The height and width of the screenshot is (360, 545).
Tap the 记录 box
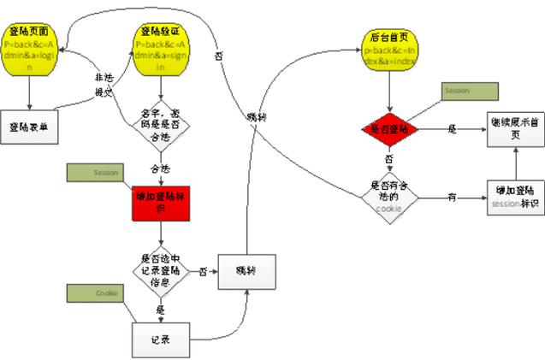160,339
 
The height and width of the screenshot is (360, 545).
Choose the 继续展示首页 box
517,128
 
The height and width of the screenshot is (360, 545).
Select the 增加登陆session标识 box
517,198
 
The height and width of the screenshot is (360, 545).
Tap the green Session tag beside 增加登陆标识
94,172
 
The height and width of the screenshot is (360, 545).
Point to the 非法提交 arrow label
104,84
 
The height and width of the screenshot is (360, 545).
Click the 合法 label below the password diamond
160,168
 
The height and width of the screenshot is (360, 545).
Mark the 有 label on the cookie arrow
451,198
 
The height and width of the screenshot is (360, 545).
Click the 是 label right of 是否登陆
453,128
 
